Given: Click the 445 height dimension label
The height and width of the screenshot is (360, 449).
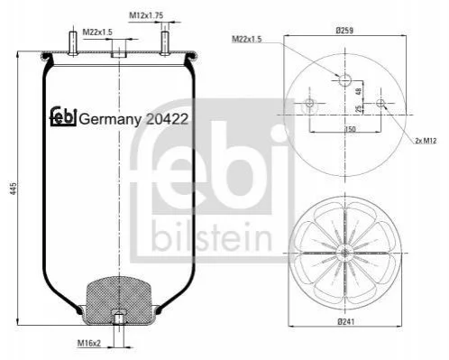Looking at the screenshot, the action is point(14,188).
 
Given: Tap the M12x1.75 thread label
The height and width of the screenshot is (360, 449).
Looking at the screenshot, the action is point(146,15).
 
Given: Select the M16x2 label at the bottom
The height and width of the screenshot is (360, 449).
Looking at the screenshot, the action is point(89,343).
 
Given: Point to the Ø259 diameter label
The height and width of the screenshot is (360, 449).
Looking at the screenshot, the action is point(344,30).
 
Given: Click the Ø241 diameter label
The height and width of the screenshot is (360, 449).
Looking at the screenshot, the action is point(345,322).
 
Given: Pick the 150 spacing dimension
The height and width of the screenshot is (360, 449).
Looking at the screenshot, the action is point(351,129).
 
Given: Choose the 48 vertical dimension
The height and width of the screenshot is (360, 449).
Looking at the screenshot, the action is point(359,91).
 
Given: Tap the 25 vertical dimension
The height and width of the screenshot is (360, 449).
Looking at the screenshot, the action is point(359,109).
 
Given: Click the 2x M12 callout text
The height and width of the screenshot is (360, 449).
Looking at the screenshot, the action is point(426,140).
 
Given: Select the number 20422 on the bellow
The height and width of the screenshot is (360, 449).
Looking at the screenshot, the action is point(167,119).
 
